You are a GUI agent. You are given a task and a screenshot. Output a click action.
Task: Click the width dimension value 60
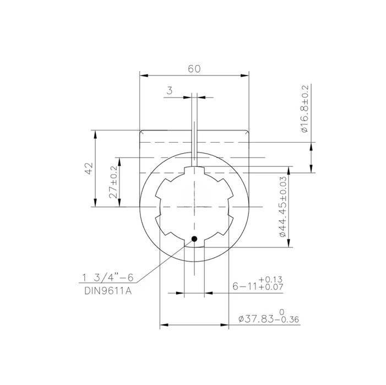194,69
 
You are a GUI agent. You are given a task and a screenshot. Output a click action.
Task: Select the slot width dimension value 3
170,91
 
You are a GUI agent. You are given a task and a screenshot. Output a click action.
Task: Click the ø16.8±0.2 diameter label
303,109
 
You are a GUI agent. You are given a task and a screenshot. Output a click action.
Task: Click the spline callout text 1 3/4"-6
108,276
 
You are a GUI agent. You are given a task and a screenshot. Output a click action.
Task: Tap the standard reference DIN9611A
107,290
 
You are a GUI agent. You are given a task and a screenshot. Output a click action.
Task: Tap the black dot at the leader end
194,238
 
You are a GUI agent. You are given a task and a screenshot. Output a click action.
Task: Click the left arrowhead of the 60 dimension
143,75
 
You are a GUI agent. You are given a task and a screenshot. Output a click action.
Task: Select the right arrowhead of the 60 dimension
246,75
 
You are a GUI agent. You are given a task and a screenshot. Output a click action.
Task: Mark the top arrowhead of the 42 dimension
96,133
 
